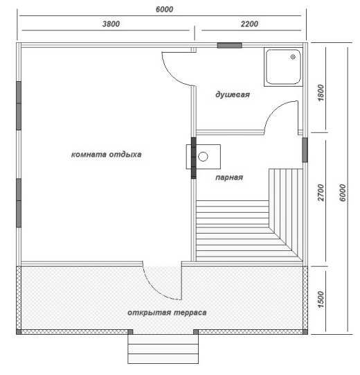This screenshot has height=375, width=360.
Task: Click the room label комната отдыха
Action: pyautogui.click(x=107, y=155)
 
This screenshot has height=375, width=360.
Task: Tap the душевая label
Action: pyautogui.click(x=233, y=95)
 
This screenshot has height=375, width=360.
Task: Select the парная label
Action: pyautogui.click(x=229, y=177)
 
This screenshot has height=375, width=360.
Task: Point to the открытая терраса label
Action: pyautogui.click(x=167, y=313)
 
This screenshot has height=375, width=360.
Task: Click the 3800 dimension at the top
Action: pyautogui.click(x=111, y=24)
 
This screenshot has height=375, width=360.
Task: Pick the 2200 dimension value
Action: pyautogui.click(x=249, y=24)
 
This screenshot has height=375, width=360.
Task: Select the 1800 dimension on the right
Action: pyautogui.click(x=321, y=93)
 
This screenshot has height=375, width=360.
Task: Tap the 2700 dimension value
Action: pyautogui.click(x=321, y=193)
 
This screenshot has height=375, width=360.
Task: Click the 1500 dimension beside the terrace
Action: pyautogui.click(x=321, y=299)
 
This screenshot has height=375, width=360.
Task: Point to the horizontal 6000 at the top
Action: pyautogui.click(x=164, y=9)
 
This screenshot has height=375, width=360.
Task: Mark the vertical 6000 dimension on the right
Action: pyautogui.click(x=342, y=193)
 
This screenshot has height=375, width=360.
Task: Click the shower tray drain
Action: pyautogui.click(x=293, y=57)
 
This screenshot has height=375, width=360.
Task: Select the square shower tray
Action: pyautogui.click(x=283, y=67)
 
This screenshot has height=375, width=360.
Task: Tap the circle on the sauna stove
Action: pyautogui.click(x=203, y=157)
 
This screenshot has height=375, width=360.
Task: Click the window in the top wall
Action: pyautogui.click(x=230, y=45)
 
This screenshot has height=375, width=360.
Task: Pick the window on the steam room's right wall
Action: pyautogui.click(x=305, y=150)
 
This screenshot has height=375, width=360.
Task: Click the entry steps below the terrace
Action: pyautogui.click(x=163, y=349)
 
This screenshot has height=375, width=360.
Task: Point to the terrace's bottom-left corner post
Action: pyautogui.click(x=19, y=332)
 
